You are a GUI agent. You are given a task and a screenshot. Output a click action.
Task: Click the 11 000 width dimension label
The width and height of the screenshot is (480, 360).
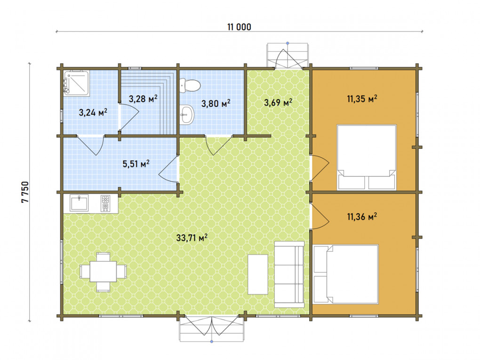[x=239, y=27]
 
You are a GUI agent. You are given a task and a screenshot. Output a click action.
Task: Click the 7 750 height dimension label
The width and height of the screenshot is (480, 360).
[x=25, y=192]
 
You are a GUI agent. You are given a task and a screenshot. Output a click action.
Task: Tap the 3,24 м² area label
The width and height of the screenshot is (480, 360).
[x=93, y=112]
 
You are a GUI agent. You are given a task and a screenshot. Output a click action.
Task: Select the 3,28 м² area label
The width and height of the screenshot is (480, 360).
[x=143, y=98]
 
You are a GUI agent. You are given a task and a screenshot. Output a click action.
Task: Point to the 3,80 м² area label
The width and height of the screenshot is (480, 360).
[x=216, y=103]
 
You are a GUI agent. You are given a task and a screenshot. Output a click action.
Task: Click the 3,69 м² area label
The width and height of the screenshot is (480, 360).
[x=278, y=102]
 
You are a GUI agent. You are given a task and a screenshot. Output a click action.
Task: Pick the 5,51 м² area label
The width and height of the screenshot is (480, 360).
[x=136, y=163]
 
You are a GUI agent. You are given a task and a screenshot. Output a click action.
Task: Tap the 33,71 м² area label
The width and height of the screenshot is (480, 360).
[x=192, y=237]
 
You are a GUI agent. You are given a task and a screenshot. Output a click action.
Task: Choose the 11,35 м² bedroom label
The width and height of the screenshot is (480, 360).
[x=362, y=98]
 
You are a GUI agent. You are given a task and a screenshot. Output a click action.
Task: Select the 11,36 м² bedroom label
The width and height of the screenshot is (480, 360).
[x=362, y=216]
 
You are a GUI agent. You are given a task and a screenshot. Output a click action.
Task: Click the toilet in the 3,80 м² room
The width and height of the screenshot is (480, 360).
[x=190, y=85]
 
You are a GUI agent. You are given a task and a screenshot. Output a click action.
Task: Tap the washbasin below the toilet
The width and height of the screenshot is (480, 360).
[x=187, y=115]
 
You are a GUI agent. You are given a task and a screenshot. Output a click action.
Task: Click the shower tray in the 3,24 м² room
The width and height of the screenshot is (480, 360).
[x=76, y=83]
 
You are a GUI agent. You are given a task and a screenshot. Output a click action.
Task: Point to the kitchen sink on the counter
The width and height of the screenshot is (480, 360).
[x=79, y=203]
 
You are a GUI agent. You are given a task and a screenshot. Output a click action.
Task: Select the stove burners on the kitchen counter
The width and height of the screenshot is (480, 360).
[x=105, y=203]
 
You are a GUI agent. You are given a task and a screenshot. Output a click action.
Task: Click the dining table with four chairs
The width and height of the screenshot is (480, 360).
[x=103, y=272]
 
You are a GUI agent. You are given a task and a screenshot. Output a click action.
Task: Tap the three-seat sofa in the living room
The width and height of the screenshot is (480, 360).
[x=289, y=274]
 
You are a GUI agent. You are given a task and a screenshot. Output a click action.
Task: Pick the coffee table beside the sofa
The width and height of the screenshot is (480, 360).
[x=258, y=274]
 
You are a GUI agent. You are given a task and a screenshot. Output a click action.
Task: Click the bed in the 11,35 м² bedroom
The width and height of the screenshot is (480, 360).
[x=367, y=157]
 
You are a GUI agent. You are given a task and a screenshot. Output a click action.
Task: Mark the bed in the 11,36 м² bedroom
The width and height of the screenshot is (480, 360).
[x=345, y=274]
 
